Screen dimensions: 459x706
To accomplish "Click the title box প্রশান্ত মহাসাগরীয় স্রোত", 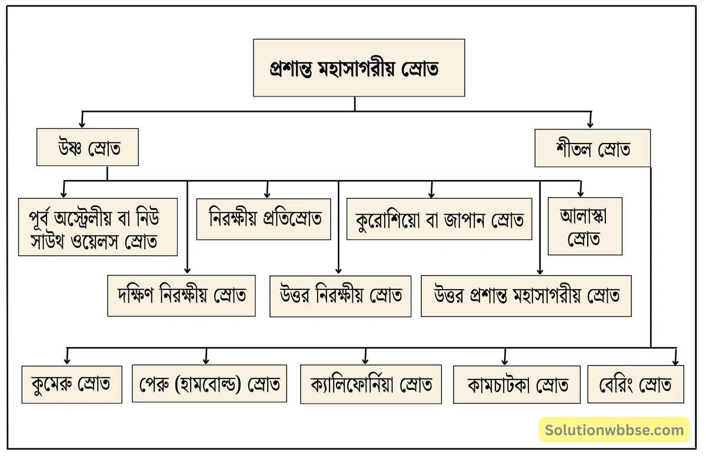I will (x=359, y=68).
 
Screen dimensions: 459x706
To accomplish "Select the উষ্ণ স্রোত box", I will (x=88, y=147).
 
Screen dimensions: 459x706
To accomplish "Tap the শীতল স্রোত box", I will (x=592, y=148).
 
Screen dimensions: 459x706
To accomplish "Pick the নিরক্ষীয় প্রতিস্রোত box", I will (x=264, y=219).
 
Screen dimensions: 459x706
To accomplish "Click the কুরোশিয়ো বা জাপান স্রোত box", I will (x=439, y=219).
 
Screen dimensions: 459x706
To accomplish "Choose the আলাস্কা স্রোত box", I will (x=584, y=227).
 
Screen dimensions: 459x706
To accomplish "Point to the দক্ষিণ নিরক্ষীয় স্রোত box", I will (x=181, y=295).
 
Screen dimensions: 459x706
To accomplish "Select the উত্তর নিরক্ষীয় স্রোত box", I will (x=340, y=295).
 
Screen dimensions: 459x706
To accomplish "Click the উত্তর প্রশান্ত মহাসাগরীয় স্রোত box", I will (x=526, y=295).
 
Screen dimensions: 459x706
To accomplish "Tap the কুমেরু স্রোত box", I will (x=71, y=384).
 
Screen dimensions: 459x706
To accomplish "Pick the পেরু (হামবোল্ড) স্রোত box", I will (x=209, y=384).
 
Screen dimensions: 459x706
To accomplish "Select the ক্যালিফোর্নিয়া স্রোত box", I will (x=371, y=384).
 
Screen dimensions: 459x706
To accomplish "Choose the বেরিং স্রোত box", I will (x=635, y=384).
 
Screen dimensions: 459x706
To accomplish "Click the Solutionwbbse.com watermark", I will (x=614, y=430).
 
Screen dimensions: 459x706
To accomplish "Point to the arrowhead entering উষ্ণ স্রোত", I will (x=82, y=124).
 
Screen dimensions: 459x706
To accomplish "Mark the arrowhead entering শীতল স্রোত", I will (x=590, y=124).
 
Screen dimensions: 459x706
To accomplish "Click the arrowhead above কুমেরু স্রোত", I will (x=68, y=360).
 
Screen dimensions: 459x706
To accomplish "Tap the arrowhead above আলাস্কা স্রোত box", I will (x=580, y=192).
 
